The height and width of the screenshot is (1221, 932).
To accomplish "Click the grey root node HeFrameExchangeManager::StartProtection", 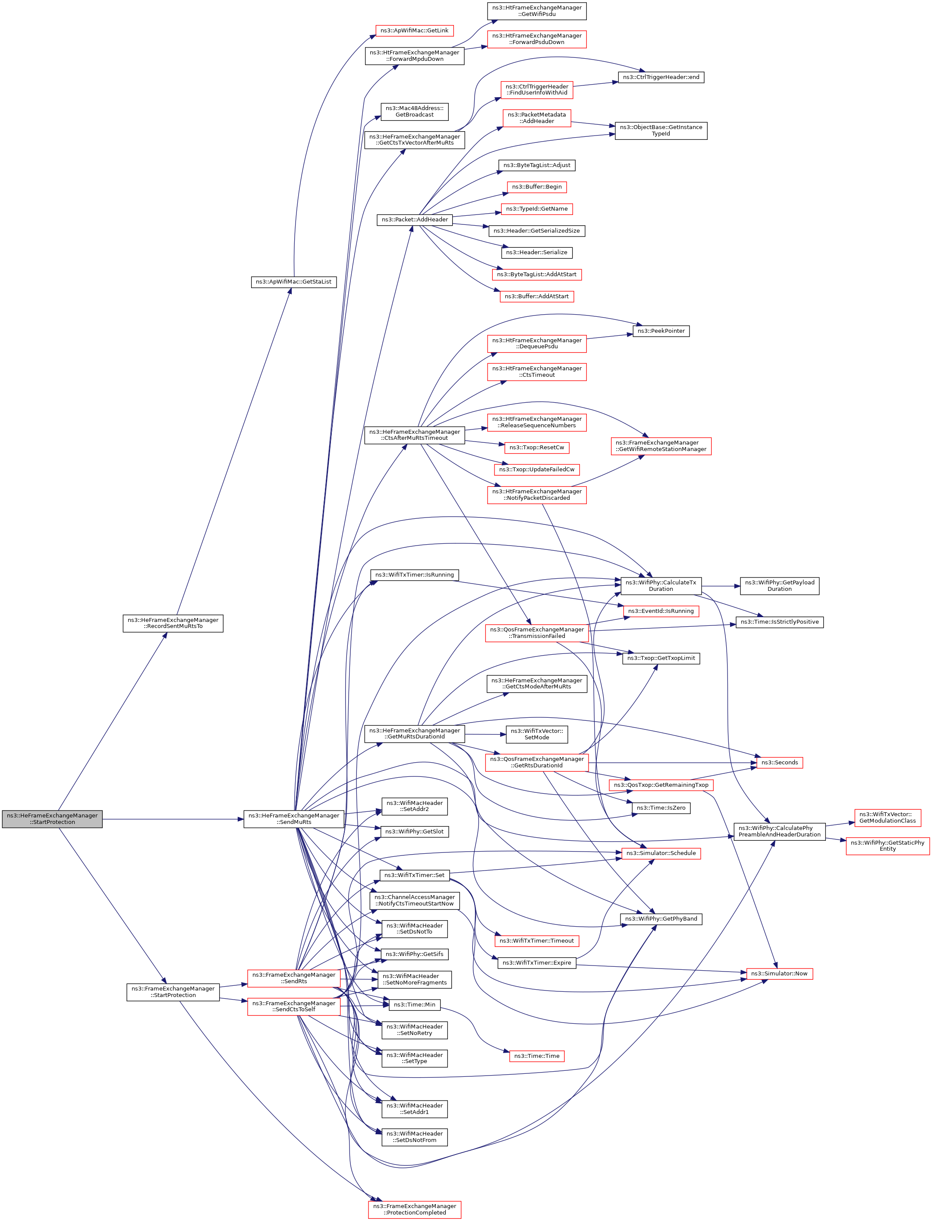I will (x=52, y=819).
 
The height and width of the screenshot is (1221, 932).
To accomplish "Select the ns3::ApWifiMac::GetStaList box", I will (x=293, y=282).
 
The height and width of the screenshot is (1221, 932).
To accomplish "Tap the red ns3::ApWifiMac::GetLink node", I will (x=414, y=31).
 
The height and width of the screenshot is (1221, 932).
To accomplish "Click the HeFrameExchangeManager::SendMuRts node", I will (x=294, y=819).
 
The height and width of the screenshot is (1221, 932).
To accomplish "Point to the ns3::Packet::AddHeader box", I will (x=414, y=220).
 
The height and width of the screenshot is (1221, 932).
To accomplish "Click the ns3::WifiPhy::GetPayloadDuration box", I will (x=779, y=586).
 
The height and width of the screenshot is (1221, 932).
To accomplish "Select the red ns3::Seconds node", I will (x=779, y=763).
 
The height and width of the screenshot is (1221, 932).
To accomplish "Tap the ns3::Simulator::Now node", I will (x=779, y=973).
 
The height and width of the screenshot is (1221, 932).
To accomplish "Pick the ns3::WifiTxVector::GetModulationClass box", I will (x=887, y=817).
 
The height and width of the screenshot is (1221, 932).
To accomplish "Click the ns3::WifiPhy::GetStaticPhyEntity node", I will (x=887, y=846).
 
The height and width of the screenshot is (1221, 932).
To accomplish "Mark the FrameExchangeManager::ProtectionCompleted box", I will (x=414, y=1209).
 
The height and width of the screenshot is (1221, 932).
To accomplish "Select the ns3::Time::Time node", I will (x=536, y=1056).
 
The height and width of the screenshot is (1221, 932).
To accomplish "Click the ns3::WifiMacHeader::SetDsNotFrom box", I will (x=414, y=1137).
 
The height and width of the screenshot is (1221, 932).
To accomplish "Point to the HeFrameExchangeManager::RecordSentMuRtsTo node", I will (x=173, y=623).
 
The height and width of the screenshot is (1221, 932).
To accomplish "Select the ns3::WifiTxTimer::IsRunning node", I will (x=414, y=575).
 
